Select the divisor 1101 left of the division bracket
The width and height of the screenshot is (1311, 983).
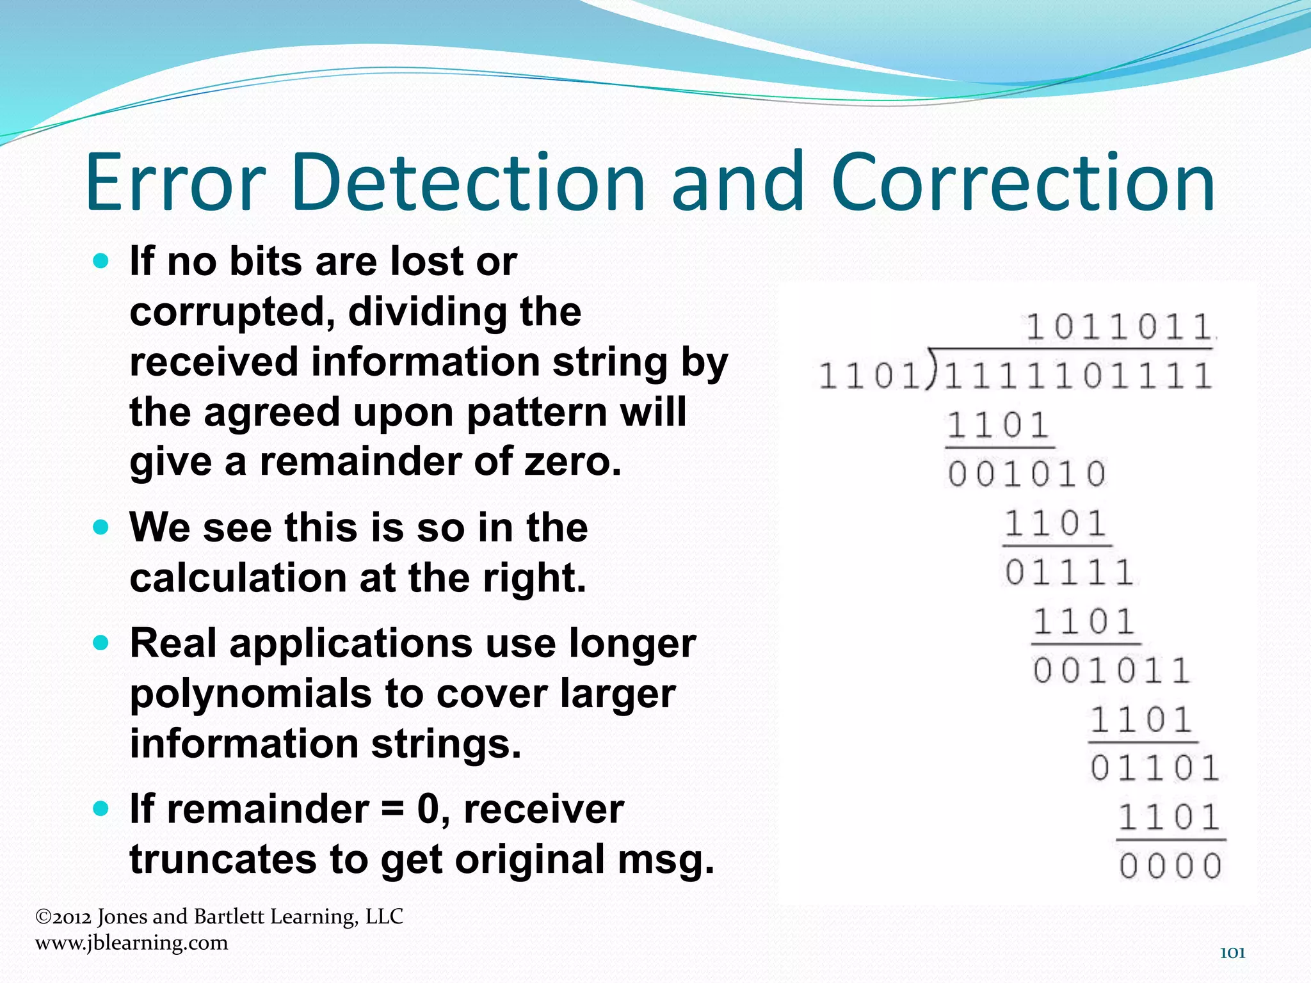tap(869, 376)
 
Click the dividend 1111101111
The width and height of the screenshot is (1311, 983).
tap(1077, 376)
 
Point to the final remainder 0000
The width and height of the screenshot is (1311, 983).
tap(1170, 867)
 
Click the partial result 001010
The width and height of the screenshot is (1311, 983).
tap(1027, 474)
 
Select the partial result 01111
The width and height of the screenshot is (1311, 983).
tap(1069, 572)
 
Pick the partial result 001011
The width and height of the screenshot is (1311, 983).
tap(1111, 671)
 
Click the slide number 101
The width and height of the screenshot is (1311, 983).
tap(1232, 953)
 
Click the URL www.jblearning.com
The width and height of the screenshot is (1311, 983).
tap(131, 943)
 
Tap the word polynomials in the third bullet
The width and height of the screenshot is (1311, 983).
tap(250, 694)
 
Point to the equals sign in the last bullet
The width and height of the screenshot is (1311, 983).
tap(393, 810)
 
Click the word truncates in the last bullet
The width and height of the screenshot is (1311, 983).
tap(222, 859)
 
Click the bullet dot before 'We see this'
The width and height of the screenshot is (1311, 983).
tap(101, 527)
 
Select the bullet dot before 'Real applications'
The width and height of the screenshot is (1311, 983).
tap(101, 643)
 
